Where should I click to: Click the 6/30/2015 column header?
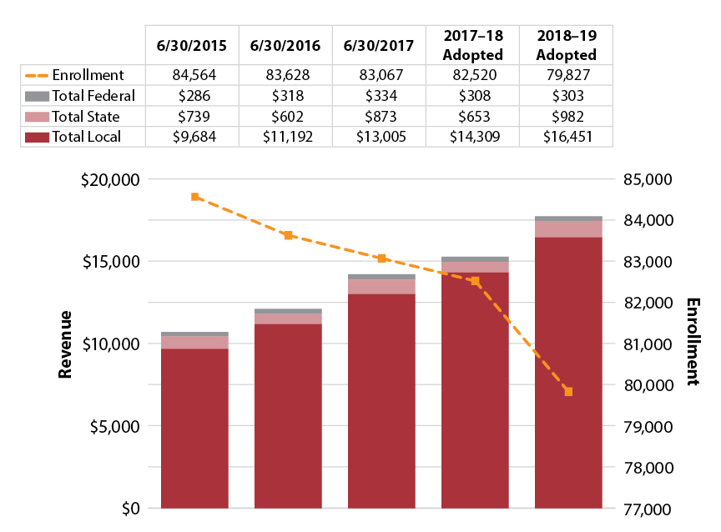tap(192, 46)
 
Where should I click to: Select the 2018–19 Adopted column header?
tap(566, 46)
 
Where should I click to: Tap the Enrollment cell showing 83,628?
tap(285, 74)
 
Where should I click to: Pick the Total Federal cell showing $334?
tap(379, 95)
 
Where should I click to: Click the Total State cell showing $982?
tap(566, 116)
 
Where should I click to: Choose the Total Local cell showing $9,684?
tap(192, 137)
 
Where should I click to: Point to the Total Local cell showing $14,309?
tap(472, 137)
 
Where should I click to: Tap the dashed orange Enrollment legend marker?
tap(38, 74)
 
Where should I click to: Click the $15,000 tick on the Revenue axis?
tap(111, 261)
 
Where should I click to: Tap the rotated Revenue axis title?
tap(65, 344)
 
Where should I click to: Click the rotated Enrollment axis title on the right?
tap(692, 342)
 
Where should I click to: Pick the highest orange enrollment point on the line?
tap(194, 197)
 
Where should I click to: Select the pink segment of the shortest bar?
tap(194, 342)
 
